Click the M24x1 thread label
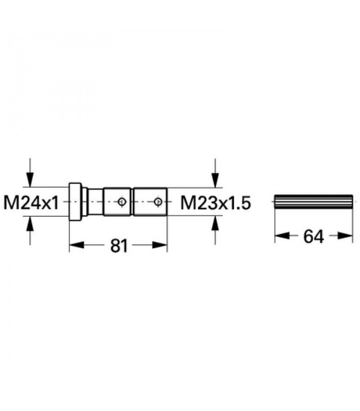31,203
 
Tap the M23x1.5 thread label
215,203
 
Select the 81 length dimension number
119,246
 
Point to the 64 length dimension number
314,236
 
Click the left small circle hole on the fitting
122,201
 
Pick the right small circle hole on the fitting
158,201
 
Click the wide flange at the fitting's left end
75,201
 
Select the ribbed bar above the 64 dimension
313,201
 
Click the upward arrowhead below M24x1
30,223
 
